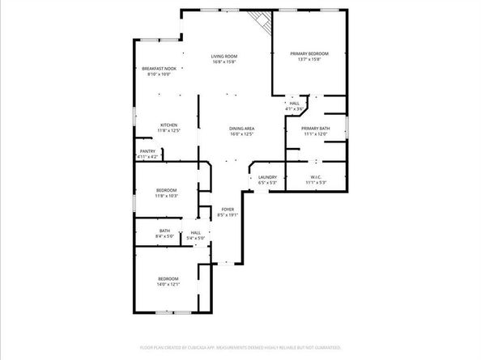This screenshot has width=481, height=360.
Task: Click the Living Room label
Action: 225,56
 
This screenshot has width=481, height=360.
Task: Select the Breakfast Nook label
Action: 159,69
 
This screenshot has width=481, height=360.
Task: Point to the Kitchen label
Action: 168,125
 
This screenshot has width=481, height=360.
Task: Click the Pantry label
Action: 147,151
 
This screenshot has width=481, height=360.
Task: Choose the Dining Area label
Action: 242,129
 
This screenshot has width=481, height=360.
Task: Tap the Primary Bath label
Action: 315,129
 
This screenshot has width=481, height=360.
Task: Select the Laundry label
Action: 268,177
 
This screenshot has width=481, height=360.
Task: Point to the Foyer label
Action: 227,210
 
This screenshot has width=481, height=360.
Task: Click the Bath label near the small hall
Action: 164,231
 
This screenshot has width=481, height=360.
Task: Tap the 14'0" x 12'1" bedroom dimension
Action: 168,284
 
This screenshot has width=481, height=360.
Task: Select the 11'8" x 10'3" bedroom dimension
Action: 166,196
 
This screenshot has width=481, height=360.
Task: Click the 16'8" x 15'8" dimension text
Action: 225,61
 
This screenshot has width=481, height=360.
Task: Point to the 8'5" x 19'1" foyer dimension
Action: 227,216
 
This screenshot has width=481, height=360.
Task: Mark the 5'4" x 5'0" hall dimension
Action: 196,238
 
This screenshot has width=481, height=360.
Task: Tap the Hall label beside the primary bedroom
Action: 295,103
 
